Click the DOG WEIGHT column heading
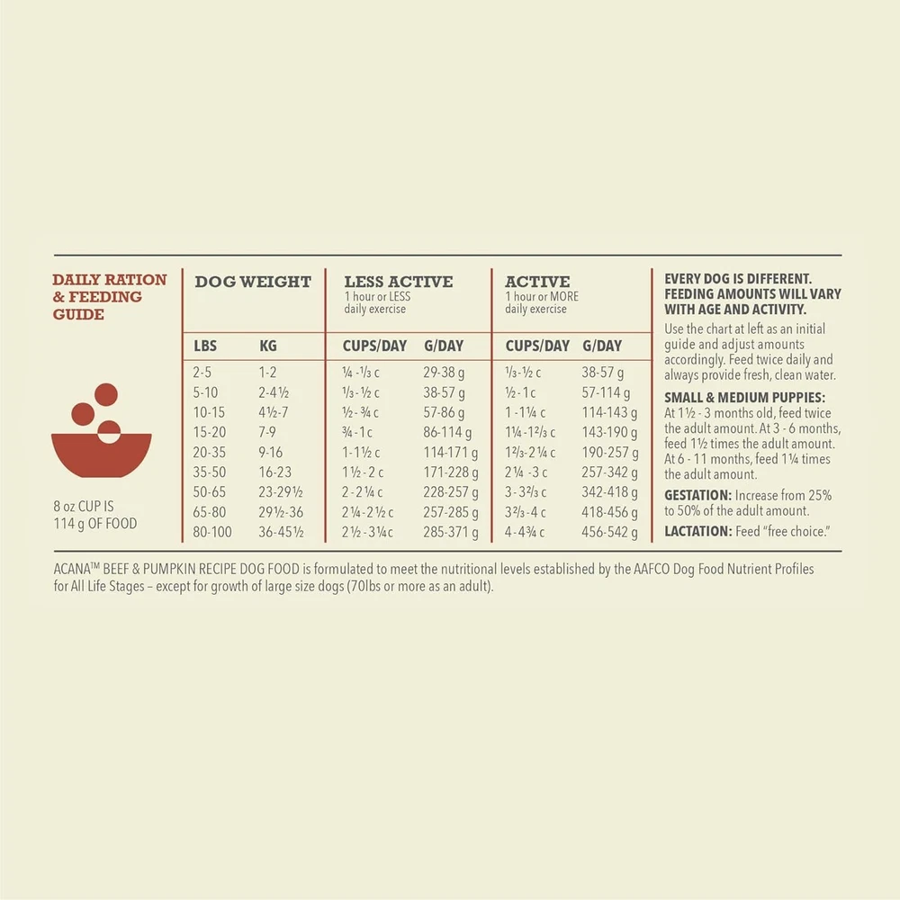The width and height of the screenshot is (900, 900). point(253,282)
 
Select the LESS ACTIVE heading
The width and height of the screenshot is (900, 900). point(399,282)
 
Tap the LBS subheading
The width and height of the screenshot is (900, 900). point(205,346)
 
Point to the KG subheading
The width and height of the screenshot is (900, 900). point(268,346)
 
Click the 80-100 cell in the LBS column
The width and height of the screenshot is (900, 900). point(212,532)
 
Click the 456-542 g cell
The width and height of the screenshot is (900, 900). point(609,532)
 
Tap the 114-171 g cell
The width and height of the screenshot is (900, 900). point(451,452)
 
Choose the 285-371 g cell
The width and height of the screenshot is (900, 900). point(451,532)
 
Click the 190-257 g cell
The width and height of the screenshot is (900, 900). point(609,452)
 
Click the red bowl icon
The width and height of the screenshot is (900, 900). point(101,455)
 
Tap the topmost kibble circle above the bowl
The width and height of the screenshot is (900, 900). point(106,393)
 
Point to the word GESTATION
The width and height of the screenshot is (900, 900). point(697,496)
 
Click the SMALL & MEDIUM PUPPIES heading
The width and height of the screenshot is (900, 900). point(744,398)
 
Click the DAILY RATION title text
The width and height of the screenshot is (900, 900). point(110,280)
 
